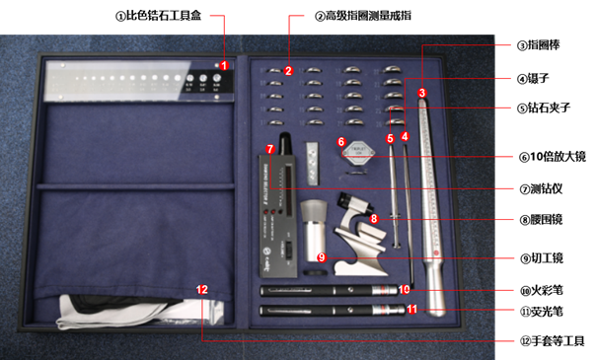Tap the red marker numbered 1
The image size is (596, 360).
point(224,66)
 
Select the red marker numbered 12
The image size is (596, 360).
point(202,290)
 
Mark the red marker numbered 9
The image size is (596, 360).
point(322,256)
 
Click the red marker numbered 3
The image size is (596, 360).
point(421,94)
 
